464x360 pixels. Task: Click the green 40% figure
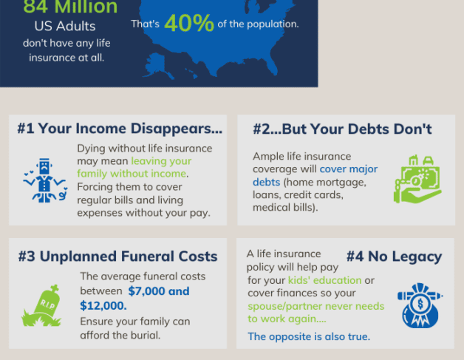click(x=189, y=23)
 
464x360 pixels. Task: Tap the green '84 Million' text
click(x=70, y=7)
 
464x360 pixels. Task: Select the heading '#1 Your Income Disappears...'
click(x=120, y=129)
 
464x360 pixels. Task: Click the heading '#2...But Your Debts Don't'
click(x=342, y=129)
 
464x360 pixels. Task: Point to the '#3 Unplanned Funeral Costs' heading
click(x=117, y=256)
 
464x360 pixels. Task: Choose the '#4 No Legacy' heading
click(x=394, y=257)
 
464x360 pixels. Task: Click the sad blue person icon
click(x=45, y=180)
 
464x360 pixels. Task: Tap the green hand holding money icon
click(x=417, y=180)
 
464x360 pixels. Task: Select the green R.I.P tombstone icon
click(x=41, y=305)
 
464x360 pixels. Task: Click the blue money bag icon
click(x=420, y=305)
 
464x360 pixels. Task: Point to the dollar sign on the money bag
click(x=420, y=304)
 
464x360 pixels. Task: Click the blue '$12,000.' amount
click(x=103, y=306)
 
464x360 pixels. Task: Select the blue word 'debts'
click(x=266, y=182)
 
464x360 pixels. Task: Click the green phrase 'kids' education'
click(x=324, y=279)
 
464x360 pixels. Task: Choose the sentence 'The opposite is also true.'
click(x=309, y=336)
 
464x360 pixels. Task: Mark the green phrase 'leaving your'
click(x=161, y=161)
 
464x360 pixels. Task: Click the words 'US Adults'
click(x=65, y=26)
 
